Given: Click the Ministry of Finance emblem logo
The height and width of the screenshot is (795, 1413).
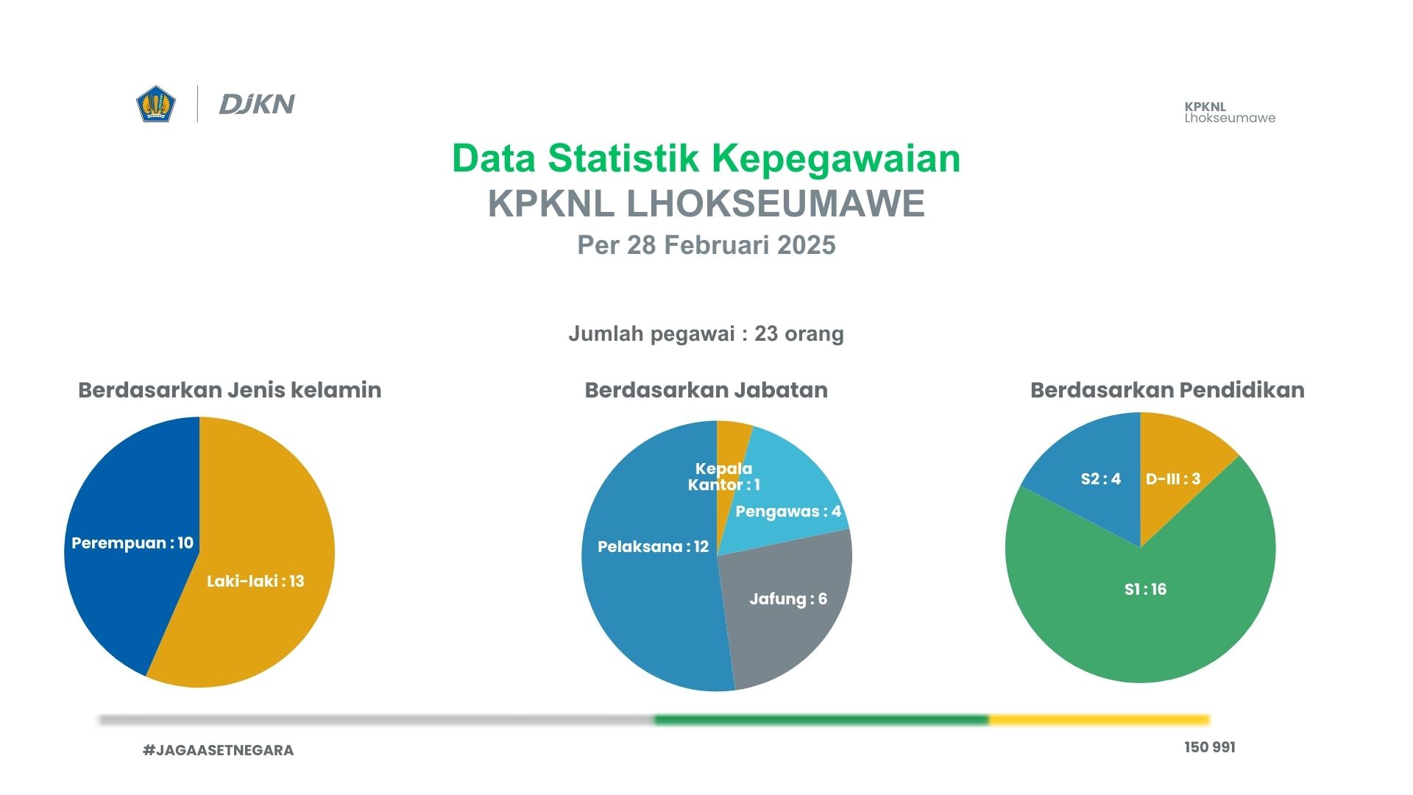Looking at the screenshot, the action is [156, 104].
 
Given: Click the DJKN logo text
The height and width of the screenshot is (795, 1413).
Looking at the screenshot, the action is [257, 105].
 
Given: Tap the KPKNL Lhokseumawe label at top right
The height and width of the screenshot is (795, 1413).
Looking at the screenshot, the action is [1230, 112].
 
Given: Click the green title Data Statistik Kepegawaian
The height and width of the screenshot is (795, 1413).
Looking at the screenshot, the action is [706, 158].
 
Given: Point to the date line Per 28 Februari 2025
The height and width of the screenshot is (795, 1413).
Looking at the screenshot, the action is [706, 245].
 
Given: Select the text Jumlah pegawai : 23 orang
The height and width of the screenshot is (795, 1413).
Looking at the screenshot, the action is [706, 333].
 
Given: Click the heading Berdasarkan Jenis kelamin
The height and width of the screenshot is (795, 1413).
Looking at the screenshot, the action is [230, 390].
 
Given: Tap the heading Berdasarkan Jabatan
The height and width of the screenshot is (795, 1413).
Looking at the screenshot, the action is [706, 390].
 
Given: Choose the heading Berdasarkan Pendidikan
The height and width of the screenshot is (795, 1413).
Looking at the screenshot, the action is [1167, 390].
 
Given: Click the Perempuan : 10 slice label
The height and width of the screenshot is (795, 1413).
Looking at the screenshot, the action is [132, 543].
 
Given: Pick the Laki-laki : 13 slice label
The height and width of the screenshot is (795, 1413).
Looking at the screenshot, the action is [255, 582].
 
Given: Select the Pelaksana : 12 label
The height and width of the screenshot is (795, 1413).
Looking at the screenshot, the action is [653, 547].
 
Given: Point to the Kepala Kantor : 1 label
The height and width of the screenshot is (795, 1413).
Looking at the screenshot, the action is [723, 477].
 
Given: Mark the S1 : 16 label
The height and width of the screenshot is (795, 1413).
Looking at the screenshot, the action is [1145, 590].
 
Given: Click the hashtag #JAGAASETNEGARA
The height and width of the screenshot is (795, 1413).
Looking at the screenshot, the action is [218, 750].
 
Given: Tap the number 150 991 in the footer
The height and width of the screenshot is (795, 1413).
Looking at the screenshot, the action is [1210, 747].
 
